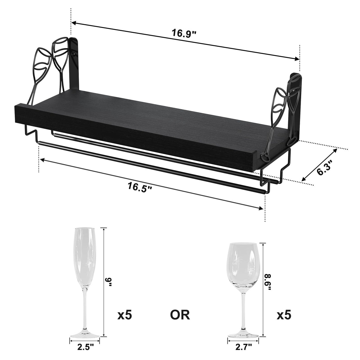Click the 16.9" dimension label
pyautogui.click(x=184, y=32)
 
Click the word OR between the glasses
pyautogui.click(x=180, y=315)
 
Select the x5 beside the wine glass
pyautogui.click(x=284, y=315)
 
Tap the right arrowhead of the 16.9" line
pyautogui.click(x=297, y=59)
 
